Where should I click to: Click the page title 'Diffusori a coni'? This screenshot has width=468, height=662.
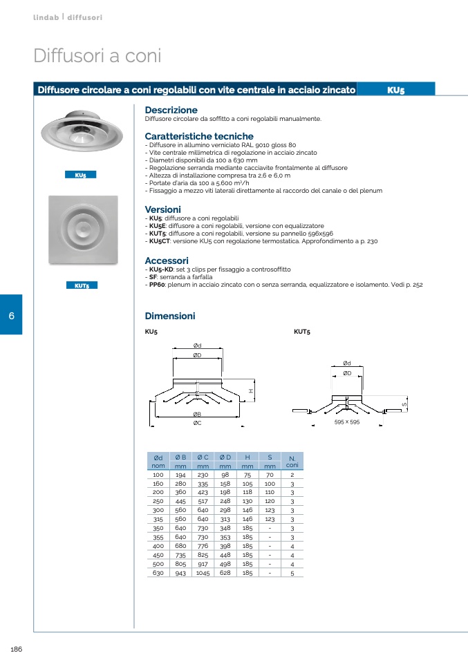click(97, 56)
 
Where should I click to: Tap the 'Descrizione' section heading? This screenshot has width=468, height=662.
click(171, 110)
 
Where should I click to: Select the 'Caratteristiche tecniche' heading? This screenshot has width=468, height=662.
click(199, 136)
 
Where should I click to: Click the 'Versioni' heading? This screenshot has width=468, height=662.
click(162, 209)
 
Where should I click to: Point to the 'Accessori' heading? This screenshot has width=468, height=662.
click(167, 260)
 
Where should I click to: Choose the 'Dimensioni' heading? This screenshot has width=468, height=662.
click(170, 316)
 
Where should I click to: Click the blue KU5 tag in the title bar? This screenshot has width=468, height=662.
click(396, 90)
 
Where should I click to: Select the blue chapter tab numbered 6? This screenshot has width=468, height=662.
click(11, 315)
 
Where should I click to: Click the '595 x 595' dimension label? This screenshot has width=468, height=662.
click(347, 422)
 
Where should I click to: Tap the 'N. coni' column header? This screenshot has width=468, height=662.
click(292, 462)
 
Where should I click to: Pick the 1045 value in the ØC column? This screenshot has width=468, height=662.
click(203, 573)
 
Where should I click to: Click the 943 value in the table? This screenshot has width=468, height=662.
click(180, 573)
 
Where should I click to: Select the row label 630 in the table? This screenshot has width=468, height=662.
click(158, 573)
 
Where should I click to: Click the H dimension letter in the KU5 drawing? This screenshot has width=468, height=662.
click(252, 391)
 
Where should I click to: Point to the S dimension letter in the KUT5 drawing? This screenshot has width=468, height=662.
click(404, 404)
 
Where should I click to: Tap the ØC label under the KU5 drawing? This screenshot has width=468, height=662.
click(197, 422)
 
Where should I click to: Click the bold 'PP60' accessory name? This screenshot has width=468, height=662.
click(156, 284)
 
